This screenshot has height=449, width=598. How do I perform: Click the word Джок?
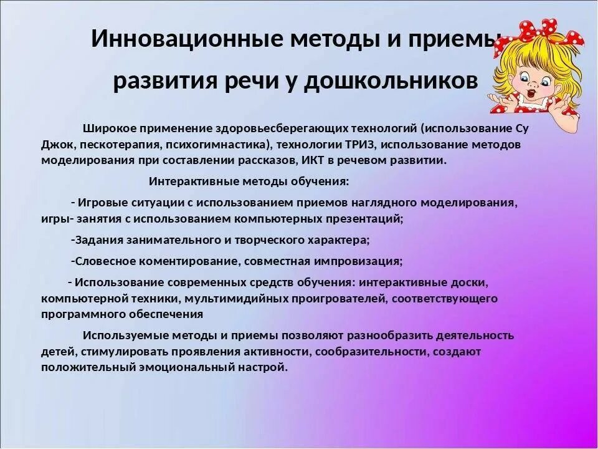pyautogui.click(x=57, y=144)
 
